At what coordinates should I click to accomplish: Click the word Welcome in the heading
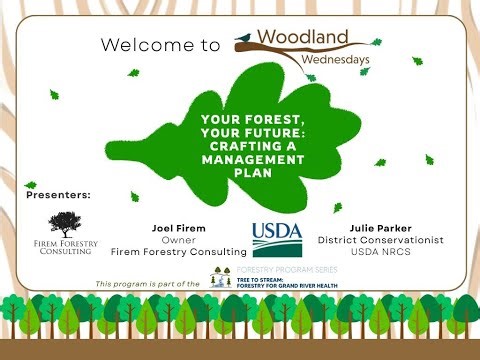tap(145, 45)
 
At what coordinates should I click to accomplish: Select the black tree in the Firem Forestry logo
tap(64, 222)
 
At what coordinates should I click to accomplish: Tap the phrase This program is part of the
tap(148, 285)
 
